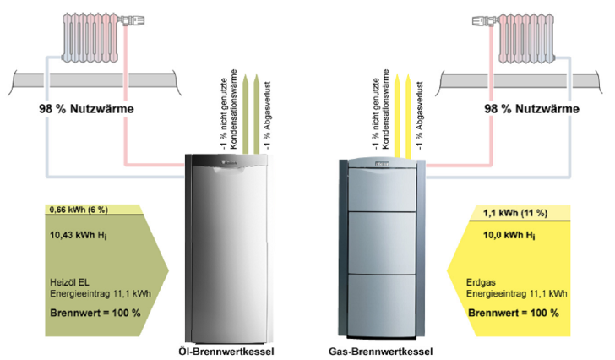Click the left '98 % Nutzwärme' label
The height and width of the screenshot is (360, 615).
pos(87,109)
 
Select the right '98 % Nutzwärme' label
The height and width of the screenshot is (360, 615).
pos(531,109)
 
